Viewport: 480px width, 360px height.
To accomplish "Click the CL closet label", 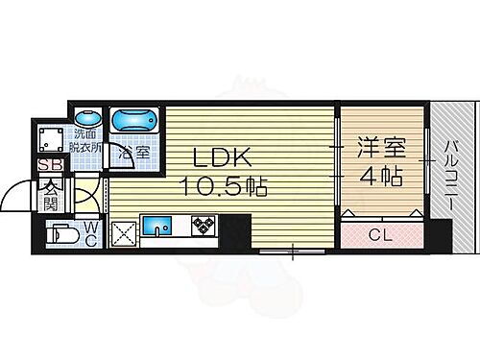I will click(x=381, y=234).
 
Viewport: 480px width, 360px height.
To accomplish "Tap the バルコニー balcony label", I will click(x=449, y=179).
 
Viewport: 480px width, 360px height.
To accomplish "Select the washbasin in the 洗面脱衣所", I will click(x=87, y=118).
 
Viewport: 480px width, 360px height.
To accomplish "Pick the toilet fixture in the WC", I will click(x=65, y=234).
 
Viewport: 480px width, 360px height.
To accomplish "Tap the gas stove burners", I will click(x=204, y=228).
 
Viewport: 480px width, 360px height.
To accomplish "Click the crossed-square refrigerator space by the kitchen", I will click(x=123, y=231).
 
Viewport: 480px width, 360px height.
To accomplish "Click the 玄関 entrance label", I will click(x=50, y=195).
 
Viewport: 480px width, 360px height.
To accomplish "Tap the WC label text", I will click(x=90, y=233).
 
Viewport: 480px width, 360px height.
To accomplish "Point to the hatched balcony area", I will click(x=449, y=125).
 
